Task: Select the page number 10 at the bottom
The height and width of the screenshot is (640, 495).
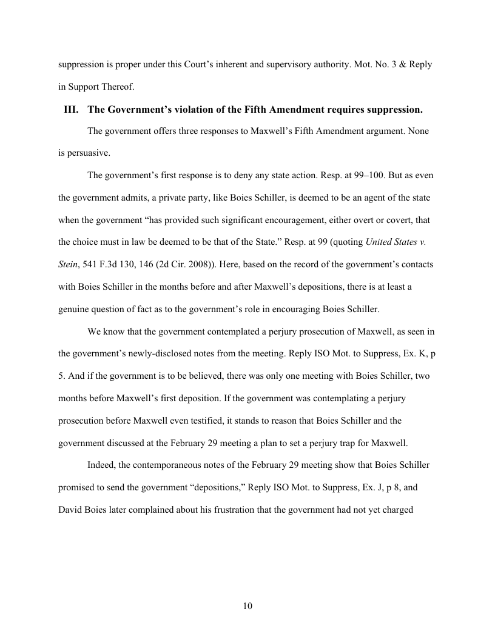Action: pos(247,606)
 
